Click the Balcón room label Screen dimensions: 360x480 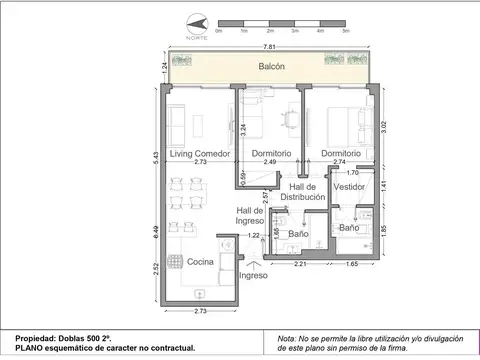click(x=271, y=67)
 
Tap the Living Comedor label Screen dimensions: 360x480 click(x=200, y=153)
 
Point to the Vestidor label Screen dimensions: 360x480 click(x=349, y=187)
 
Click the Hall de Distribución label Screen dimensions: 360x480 click(x=303, y=192)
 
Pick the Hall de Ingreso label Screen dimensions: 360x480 click(x=250, y=215)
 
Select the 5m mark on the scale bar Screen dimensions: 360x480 click(x=344, y=32)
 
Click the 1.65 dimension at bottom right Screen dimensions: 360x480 click(x=352, y=264)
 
